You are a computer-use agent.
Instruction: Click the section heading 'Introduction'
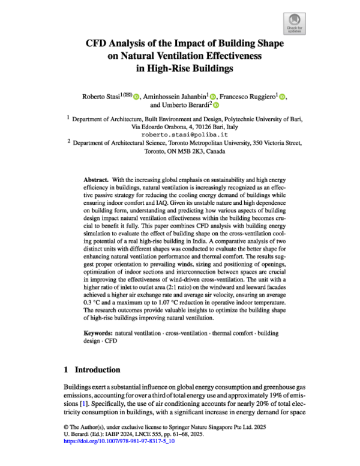[x=98, y=369]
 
